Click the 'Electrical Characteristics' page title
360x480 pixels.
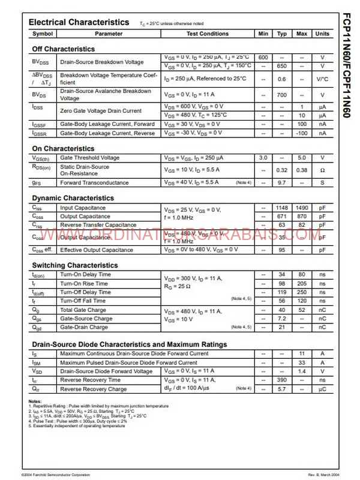point(79,22)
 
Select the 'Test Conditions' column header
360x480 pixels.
point(208,34)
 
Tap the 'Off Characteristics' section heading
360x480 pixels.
point(63,49)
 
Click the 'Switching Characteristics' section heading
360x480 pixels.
point(75,265)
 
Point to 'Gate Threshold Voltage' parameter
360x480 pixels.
point(90,158)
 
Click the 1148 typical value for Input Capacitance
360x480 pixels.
point(281,208)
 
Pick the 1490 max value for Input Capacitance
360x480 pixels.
point(302,208)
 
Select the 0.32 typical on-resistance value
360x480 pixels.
point(281,170)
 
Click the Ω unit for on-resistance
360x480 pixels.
point(322,170)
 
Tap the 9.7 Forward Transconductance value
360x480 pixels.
point(281,182)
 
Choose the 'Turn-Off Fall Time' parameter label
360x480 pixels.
point(83,301)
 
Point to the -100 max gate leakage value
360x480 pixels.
point(302,133)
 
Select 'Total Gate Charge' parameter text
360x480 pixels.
point(83,310)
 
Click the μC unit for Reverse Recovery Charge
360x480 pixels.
point(322,389)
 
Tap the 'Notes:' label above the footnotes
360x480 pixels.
point(35,401)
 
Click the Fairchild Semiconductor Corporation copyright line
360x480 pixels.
point(56,475)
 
